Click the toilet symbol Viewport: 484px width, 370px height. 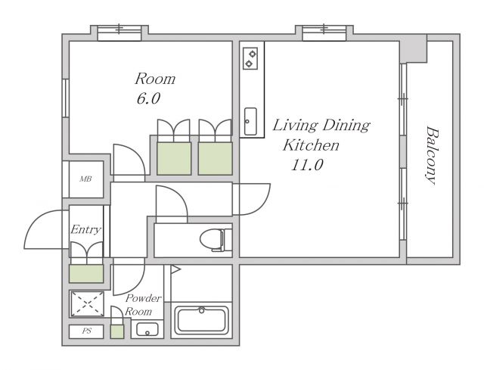tap(216, 240)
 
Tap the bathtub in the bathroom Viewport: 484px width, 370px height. tap(202, 320)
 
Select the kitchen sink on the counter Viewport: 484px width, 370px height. tap(250, 121)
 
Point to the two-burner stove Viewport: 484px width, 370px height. tap(250, 59)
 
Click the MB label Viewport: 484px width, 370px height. tap(85, 179)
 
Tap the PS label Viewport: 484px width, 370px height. tap(87, 331)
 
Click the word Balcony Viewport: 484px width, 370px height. tap(431, 155)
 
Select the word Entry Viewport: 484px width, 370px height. tap(85, 230)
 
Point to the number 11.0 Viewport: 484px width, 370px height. tap(307, 165)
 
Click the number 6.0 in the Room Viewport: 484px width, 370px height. tap(148, 99)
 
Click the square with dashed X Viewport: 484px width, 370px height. tap(88, 303)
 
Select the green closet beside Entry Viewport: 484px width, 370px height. tap(86, 274)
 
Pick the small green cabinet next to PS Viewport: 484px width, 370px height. tap(117, 331)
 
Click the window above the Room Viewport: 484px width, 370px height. tap(119, 33)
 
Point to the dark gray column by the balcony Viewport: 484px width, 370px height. tap(414, 48)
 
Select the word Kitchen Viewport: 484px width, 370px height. tap(311, 145)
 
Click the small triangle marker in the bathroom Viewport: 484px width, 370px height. tap(175, 269)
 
